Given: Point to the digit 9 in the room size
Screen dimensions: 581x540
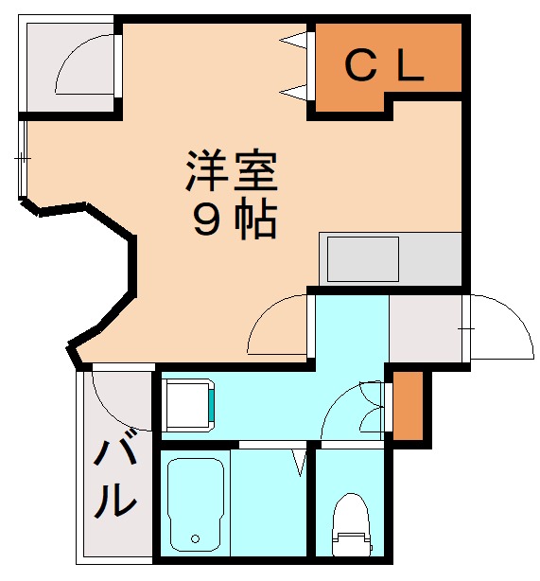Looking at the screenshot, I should (205, 220).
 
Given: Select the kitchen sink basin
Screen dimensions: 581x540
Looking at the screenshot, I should (362, 257).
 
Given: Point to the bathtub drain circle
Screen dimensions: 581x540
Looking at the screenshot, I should (196, 538).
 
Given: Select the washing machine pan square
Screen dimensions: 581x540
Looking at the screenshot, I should (188, 404).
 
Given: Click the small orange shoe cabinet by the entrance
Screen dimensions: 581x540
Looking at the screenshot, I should (408, 406).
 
